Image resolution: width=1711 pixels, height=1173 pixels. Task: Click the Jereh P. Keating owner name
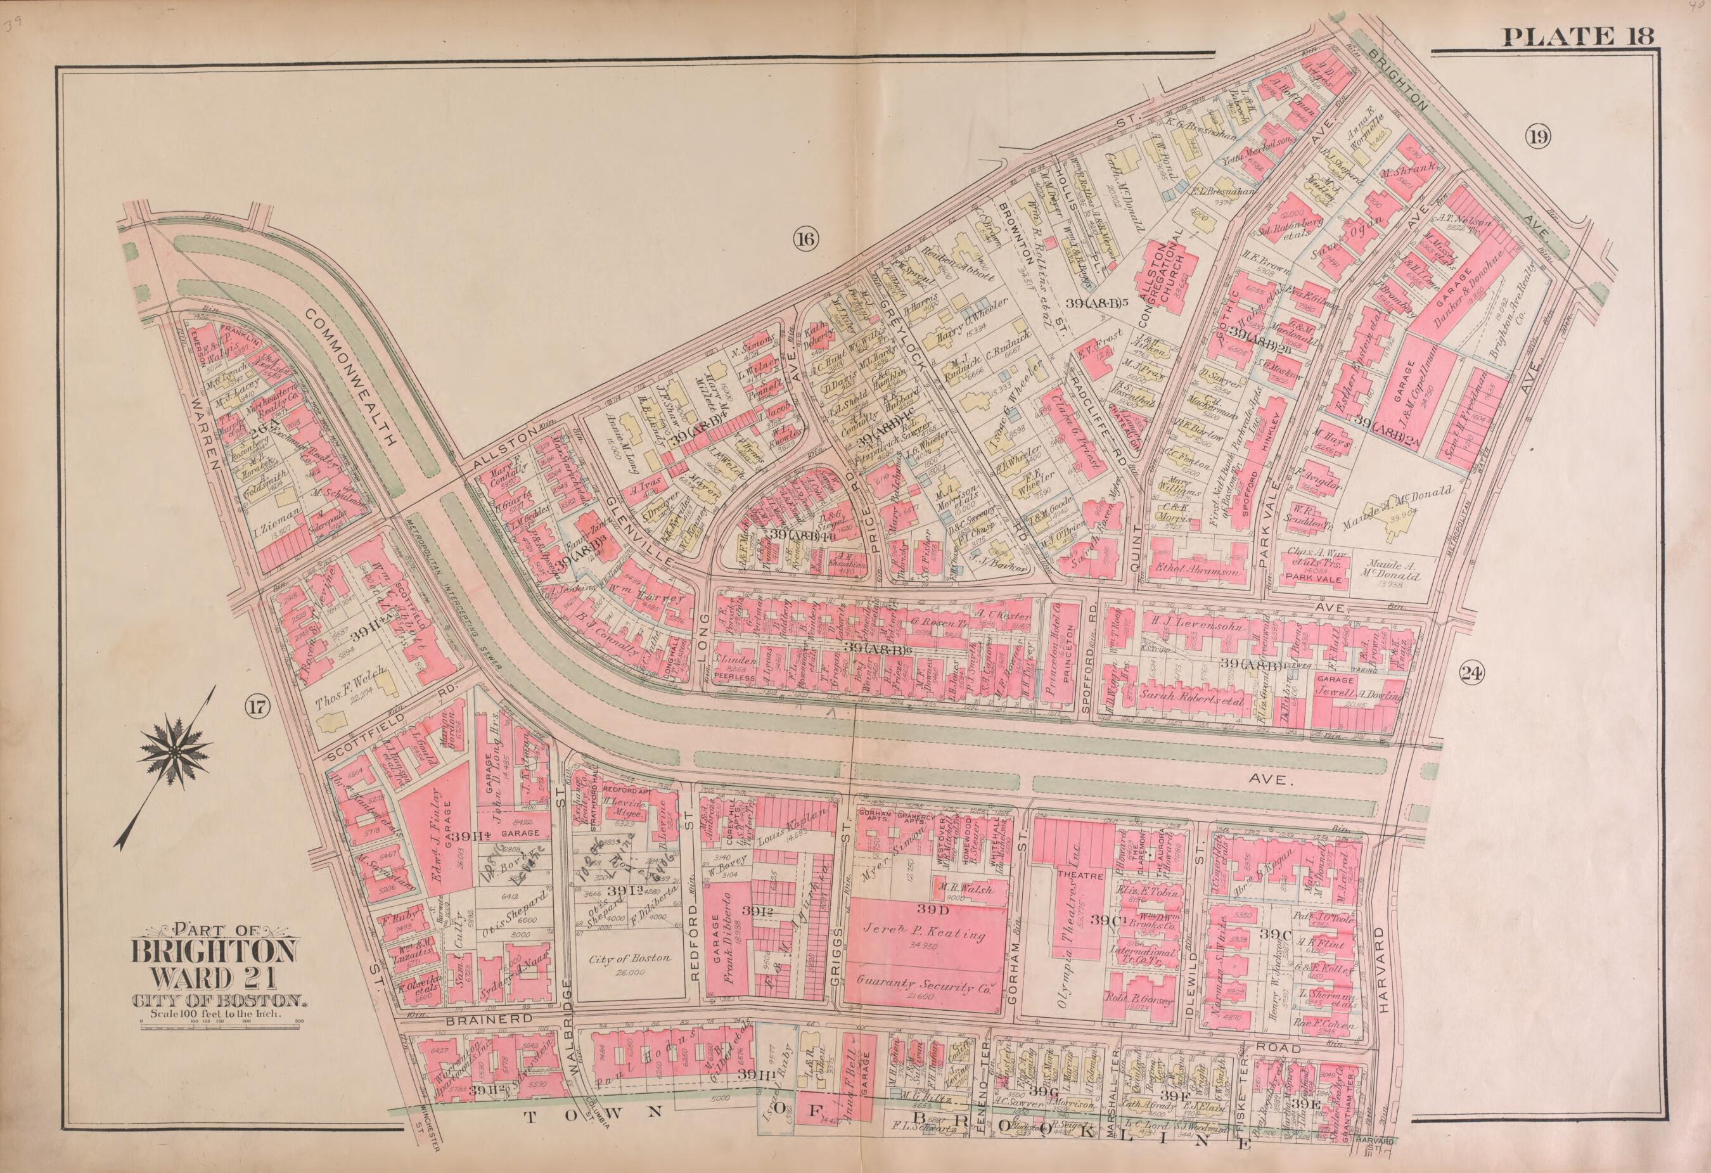(x=925, y=936)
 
